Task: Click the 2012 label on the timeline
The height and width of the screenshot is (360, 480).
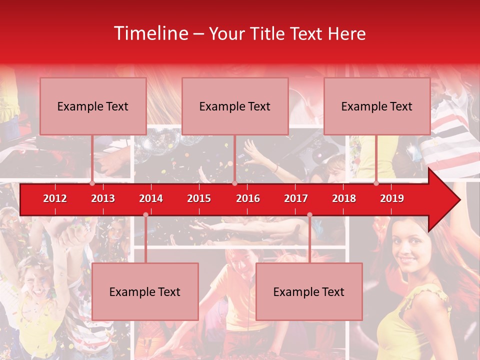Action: tap(55, 198)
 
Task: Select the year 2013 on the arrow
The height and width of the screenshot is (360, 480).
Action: tap(103, 198)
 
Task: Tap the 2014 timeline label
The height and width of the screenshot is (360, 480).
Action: tap(151, 198)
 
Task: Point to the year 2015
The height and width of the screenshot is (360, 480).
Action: tap(199, 198)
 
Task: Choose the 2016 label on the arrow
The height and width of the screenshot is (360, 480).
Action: tap(248, 198)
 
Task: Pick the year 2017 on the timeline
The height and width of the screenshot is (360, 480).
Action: tap(296, 198)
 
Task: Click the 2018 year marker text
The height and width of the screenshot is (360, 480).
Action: tap(344, 198)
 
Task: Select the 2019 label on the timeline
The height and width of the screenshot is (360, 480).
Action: tap(392, 198)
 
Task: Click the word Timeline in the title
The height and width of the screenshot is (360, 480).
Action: tap(150, 33)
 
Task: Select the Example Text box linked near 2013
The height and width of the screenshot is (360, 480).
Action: tap(93, 106)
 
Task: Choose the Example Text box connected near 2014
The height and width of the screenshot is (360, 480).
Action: tap(145, 291)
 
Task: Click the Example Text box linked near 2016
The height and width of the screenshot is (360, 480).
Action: tap(235, 106)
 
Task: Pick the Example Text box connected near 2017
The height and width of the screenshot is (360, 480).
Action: tap(309, 291)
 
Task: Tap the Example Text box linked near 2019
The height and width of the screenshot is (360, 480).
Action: tap(377, 106)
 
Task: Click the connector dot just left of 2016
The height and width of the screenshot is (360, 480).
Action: tap(234, 183)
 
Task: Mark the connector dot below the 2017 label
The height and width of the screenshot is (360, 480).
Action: tap(309, 215)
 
